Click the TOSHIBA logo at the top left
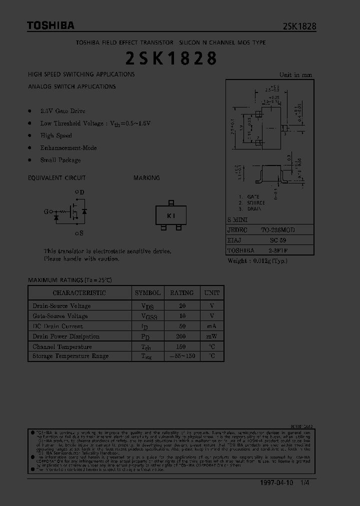point(50,25)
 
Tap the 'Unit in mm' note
point(295,75)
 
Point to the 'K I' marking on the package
point(171,215)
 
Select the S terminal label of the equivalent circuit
point(79,233)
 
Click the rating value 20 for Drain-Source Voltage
point(181,306)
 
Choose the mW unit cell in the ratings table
point(212,336)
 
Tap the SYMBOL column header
point(147,293)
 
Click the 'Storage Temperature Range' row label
point(70,356)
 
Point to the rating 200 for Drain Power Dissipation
point(181,336)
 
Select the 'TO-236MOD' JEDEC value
point(277,230)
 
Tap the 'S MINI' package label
point(237,219)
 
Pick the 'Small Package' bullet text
point(60,160)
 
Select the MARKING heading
point(146,178)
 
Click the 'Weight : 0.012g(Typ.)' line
point(257,261)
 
